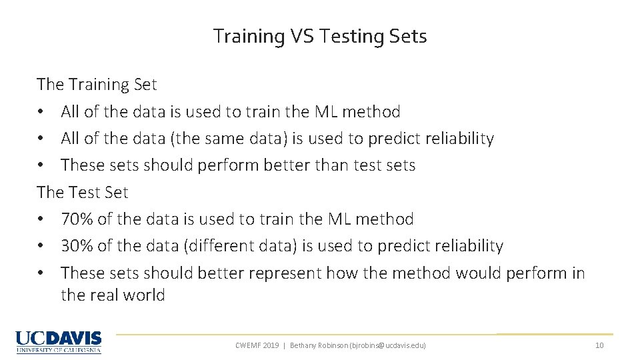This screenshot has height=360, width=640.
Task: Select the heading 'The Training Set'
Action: coord(97,85)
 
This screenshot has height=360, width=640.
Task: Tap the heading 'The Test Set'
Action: coord(83,192)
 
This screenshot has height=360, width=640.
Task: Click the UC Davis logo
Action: coord(59,341)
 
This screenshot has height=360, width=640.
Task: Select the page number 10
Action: coord(599,345)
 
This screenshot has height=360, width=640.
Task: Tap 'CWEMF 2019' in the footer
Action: coord(257,345)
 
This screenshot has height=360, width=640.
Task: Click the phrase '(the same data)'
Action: coord(230,139)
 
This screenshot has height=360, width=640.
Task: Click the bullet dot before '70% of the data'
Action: coord(41,219)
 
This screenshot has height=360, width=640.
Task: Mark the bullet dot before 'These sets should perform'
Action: coord(41,166)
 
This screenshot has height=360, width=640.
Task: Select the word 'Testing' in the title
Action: coord(349,36)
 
